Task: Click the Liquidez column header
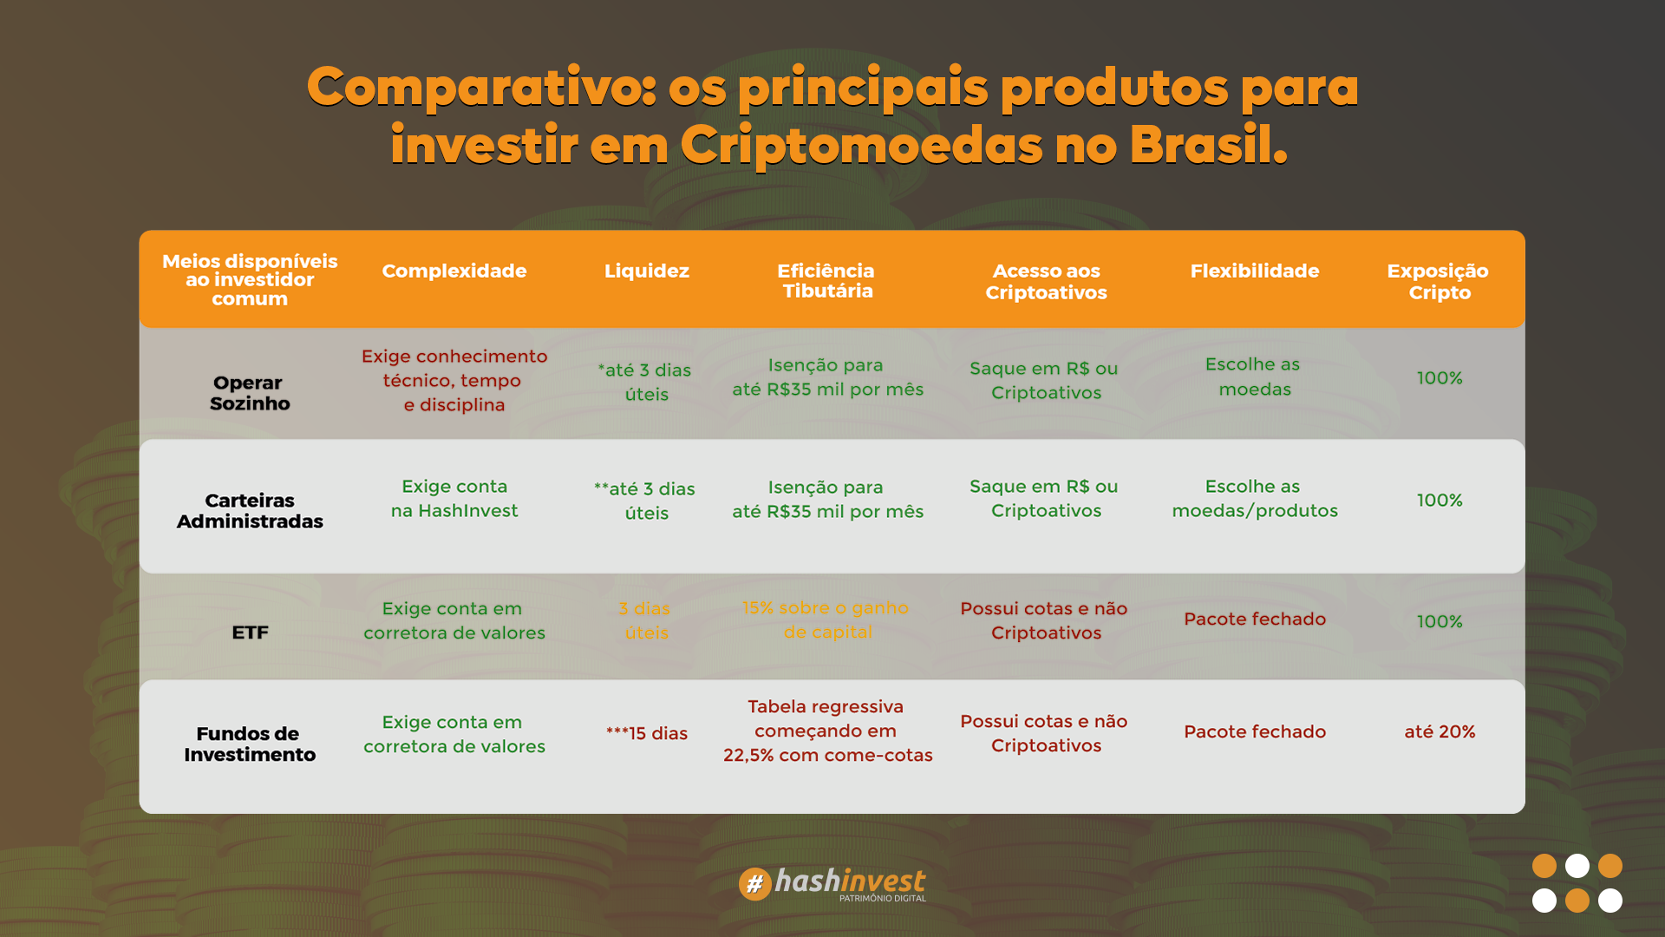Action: coord(646,271)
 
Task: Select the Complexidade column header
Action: coord(454,271)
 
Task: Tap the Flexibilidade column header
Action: coord(1254,271)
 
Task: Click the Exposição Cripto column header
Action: coord(1438,281)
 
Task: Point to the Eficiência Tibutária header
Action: coord(826,280)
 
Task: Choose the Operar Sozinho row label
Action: coord(249,393)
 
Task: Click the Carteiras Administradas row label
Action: coord(250,511)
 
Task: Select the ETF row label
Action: coord(250,632)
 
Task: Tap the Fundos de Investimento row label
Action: coord(249,744)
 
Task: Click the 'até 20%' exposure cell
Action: coord(1440,731)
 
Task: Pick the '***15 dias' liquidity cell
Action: coord(646,733)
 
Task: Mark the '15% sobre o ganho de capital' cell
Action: coord(826,619)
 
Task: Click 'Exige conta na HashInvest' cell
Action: coord(454,498)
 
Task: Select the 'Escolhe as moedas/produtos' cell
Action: coord(1255,498)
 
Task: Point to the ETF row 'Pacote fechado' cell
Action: coord(1255,619)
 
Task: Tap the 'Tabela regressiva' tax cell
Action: coord(827,731)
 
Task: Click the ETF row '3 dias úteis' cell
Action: coord(646,620)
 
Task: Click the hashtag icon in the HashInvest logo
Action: coord(754,884)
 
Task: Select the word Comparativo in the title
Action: coord(481,88)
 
